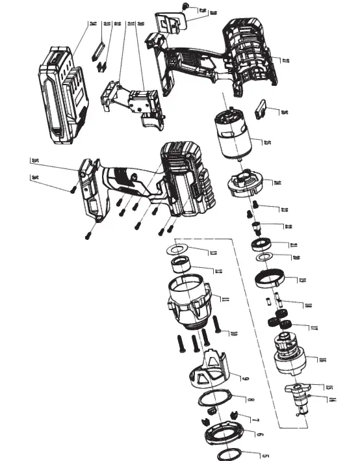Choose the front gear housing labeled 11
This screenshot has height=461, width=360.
190,302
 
